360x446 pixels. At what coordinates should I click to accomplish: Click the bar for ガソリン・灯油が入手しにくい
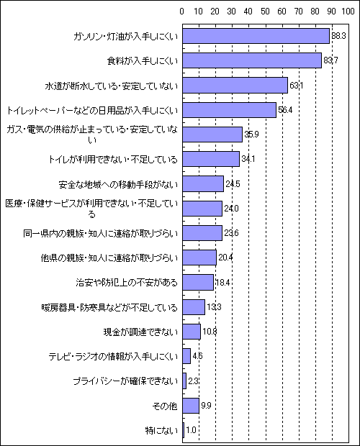(256, 36)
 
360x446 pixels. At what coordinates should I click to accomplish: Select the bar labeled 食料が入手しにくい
(252, 60)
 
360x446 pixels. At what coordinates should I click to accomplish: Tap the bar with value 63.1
(235, 85)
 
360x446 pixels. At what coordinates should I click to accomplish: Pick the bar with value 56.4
(230, 110)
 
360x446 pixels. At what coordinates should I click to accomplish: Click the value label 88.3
(338, 36)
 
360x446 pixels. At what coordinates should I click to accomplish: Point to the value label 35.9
(251, 135)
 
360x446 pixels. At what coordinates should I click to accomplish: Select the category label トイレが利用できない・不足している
(113, 159)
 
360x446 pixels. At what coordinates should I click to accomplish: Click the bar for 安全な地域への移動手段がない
(203, 183)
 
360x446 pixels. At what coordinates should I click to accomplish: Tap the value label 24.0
(231, 209)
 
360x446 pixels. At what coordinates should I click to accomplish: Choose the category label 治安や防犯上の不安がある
(127, 283)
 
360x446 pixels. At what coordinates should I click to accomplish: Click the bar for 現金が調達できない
(192, 332)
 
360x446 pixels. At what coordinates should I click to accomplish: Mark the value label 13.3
(214, 307)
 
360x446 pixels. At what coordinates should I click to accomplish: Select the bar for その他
(191, 406)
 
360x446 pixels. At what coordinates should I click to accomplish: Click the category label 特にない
(161, 430)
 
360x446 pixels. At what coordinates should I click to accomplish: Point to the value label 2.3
(193, 381)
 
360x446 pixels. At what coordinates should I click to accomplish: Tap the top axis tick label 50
(265, 12)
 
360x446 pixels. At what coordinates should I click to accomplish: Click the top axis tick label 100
(348, 12)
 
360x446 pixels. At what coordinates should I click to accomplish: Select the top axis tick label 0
(182, 12)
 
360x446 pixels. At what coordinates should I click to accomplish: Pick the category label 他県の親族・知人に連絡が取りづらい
(109, 258)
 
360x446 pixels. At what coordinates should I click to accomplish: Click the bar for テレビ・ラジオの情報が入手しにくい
(186, 356)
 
